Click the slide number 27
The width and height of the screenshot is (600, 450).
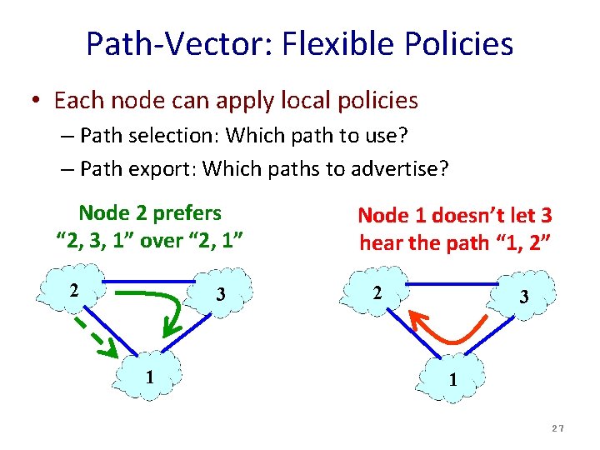tap(557, 427)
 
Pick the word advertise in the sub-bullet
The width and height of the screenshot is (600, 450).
tap(399, 169)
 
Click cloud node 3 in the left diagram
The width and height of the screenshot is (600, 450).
tap(222, 294)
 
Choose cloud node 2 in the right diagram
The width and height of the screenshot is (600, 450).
tap(377, 293)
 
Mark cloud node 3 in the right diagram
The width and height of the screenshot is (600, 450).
tap(523, 297)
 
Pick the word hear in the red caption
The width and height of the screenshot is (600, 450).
tap(381, 243)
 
